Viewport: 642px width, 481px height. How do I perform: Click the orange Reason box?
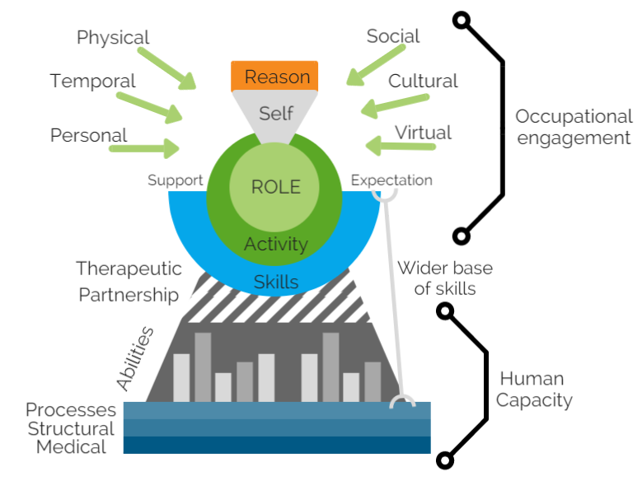tap(277, 77)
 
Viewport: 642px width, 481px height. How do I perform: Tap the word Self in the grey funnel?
tap(276, 113)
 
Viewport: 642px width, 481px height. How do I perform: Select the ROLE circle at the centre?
tap(276, 186)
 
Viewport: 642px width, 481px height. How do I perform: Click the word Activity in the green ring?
tap(276, 244)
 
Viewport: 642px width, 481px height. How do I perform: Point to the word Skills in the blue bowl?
tap(276, 283)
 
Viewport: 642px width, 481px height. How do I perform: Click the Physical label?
tap(113, 38)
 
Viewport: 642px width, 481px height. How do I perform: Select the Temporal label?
tap(92, 82)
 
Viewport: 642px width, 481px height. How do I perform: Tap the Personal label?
tap(89, 135)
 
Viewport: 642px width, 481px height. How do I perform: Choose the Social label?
tap(393, 36)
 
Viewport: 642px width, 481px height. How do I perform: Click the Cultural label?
tap(423, 81)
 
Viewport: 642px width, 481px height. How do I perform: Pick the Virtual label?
tap(423, 133)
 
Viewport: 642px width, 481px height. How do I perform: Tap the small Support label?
tap(175, 180)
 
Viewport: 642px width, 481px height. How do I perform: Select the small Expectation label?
tap(391, 180)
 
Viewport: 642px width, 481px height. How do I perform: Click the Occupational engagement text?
tap(573, 127)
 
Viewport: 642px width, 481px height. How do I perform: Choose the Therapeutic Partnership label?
tap(129, 281)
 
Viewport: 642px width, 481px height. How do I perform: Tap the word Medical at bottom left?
tap(72, 447)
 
